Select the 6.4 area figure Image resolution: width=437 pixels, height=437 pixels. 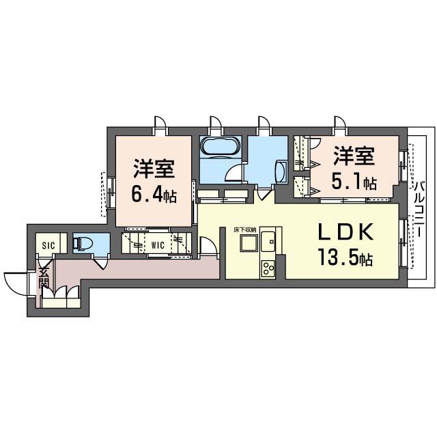click(x=154, y=196)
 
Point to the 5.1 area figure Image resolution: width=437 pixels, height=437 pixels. click(x=354, y=184)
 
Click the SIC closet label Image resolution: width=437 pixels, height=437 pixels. click(x=48, y=246)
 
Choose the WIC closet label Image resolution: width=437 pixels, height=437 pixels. click(x=158, y=245)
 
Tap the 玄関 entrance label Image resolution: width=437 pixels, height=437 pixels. click(x=44, y=278)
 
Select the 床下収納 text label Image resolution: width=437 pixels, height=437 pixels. click(x=244, y=230)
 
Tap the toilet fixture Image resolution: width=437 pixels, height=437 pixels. click(x=82, y=243)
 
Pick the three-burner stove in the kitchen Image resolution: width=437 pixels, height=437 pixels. click(x=268, y=268)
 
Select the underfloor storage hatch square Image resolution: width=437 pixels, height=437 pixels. click(x=249, y=243)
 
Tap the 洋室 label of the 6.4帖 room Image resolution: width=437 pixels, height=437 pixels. click(x=154, y=169)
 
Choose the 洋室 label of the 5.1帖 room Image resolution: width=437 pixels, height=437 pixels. click(x=354, y=156)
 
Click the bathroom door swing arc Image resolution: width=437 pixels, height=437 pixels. click(x=234, y=173)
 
